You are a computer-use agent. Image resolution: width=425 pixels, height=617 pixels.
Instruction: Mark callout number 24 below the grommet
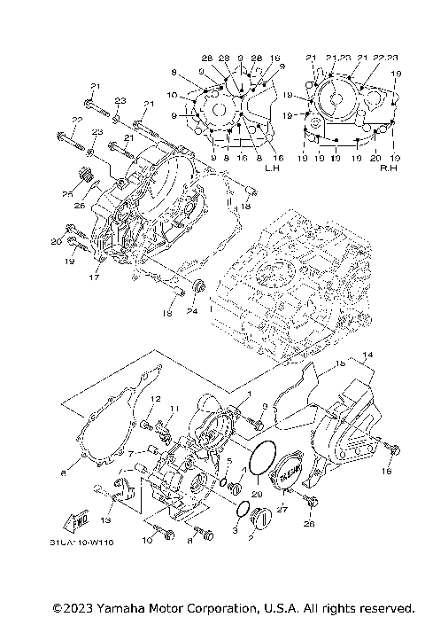coord(190,310)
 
